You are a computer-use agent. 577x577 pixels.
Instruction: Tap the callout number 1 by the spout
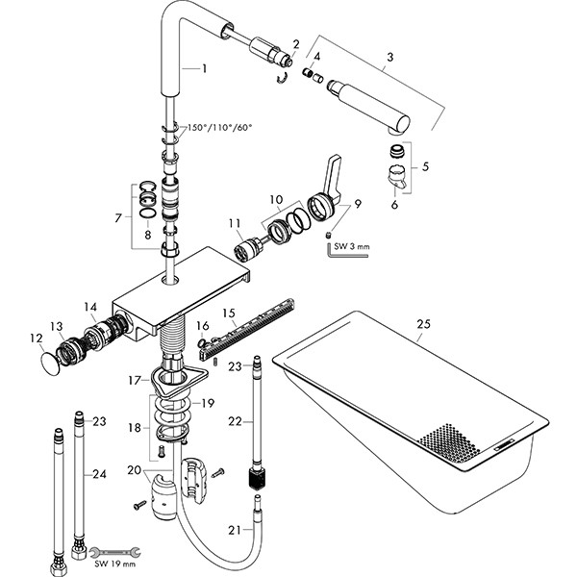[x=204, y=68]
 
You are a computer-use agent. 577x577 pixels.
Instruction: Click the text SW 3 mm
[x=353, y=247]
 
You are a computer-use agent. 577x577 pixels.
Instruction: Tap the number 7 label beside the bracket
[x=118, y=217]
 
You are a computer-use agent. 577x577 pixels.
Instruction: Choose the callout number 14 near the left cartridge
[x=90, y=307]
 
